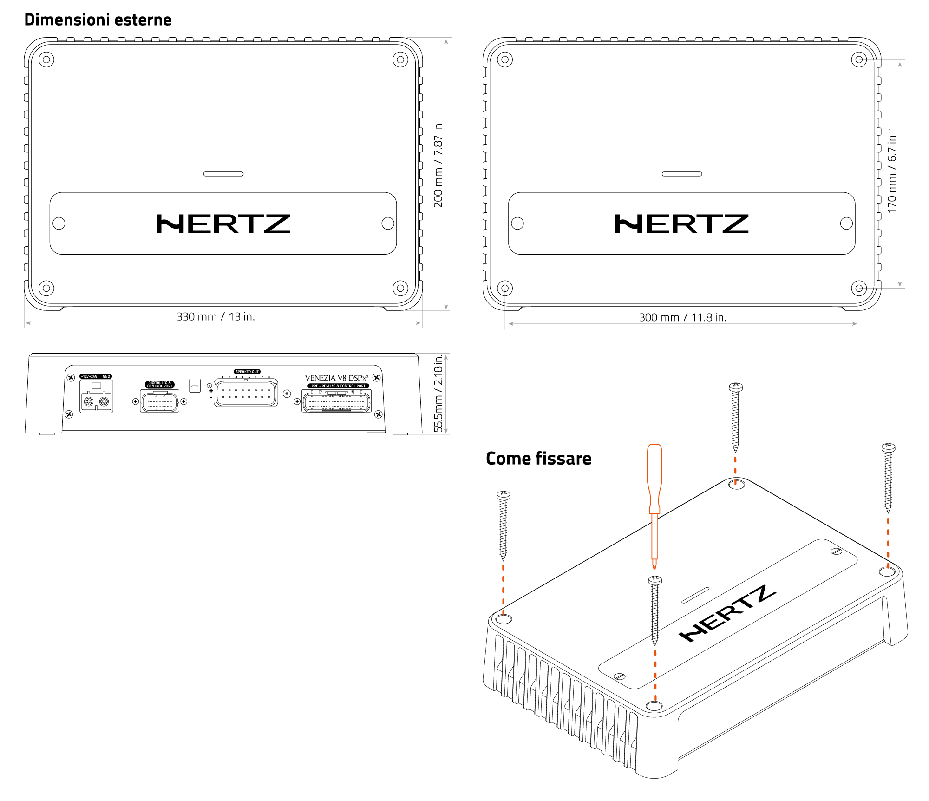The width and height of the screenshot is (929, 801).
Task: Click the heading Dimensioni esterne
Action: click(98, 20)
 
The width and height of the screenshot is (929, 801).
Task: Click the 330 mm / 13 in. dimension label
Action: click(216, 316)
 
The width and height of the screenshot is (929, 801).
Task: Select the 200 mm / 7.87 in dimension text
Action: click(438, 165)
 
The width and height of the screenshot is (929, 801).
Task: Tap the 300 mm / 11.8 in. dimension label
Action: click(682, 317)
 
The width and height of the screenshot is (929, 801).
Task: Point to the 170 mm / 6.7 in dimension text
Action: click(892, 174)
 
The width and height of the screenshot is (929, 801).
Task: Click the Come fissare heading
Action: click(538, 459)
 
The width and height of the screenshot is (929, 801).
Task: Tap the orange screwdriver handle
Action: click(654, 474)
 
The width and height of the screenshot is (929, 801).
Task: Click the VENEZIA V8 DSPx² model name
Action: click(336, 378)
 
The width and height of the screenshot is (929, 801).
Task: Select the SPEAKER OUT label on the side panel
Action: click(247, 372)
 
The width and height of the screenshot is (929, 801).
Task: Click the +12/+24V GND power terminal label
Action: click(96, 376)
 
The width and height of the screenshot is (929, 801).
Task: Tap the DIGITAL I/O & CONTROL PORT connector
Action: click(159, 401)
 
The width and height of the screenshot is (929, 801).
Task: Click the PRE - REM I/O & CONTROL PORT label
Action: click(338, 386)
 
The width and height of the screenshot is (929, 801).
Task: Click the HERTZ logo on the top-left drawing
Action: click(223, 224)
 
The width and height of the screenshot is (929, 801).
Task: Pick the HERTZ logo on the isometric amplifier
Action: click(727, 613)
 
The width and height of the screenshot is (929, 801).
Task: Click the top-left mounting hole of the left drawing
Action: click(46, 59)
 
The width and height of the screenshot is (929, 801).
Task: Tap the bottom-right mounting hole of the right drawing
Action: click(858, 288)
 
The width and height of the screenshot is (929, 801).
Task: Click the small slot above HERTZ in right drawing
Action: click(681, 174)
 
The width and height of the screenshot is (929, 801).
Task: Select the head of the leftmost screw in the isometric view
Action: click(503, 495)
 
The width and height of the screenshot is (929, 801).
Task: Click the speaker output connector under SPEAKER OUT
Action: click(246, 394)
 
